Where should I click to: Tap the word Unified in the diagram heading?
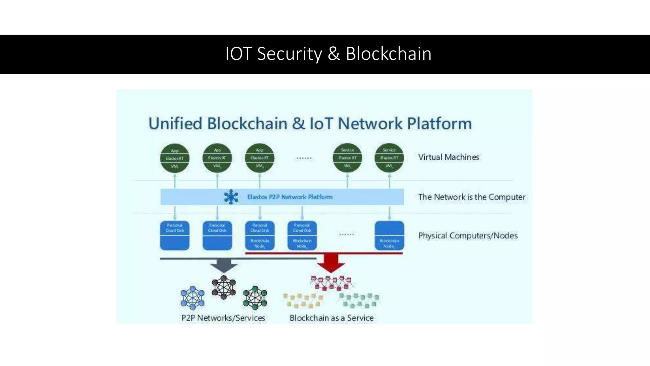(175, 124)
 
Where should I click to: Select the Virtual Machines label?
(448, 157)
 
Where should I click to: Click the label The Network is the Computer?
(472, 197)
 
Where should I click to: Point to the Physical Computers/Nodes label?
(468, 236)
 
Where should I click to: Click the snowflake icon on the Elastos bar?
(231, 197)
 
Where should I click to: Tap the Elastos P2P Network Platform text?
(290, 197)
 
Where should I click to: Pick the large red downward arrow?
(331, 263)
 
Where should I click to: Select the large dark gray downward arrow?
(224, 265)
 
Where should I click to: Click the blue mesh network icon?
(192, 298)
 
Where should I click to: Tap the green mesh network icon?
(255, 298)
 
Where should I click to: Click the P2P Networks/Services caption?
(223, 318)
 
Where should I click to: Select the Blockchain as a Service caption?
(331, 318)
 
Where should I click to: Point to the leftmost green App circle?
(175, 158)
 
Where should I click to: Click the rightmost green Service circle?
(389, 158)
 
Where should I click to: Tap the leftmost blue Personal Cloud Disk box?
(175, 235)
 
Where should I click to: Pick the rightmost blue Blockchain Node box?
(389, 235)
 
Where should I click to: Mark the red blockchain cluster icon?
(331, 283)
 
